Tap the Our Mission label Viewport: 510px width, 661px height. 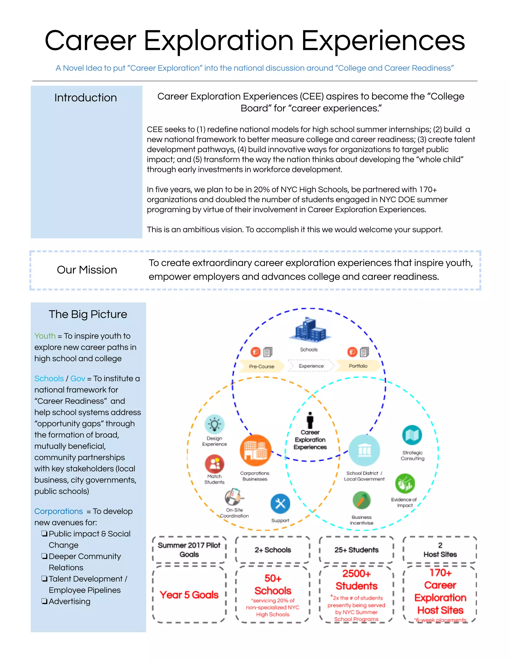click(x=87, y=270)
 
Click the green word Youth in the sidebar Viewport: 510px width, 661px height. click(x=45, y=336)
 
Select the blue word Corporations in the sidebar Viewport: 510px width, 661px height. click(x=58, y=511)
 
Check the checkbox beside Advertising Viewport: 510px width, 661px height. click(x=44, y=601)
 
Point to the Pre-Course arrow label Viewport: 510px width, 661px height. click(x=261, y=366)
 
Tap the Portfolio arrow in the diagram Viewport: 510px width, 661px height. click(x=358, y=366)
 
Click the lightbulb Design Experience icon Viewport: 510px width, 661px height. click(x=214, y=424)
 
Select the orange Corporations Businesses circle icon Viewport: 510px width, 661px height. click(x=255, y=450)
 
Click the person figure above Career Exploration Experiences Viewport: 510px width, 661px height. click(x=310, y=420)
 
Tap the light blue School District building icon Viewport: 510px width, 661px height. click(x=364, y=450)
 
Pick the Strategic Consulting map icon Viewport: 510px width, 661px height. click(x=412, y=435)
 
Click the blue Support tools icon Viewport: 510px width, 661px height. click(x=280, y=504)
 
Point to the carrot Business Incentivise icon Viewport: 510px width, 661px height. click(x=362, y=501)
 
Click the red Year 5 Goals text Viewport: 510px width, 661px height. click(x=189, y=595)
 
